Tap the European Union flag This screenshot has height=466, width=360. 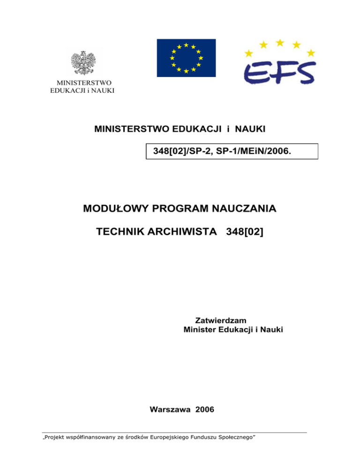(x=186, y=58)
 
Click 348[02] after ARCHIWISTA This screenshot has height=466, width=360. (x=245, y=232)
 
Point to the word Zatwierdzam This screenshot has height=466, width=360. (x=220, y=320)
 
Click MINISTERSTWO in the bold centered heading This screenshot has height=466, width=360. (x=134, y=128)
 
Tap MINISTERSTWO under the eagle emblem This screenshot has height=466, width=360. (x=82, y=83)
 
